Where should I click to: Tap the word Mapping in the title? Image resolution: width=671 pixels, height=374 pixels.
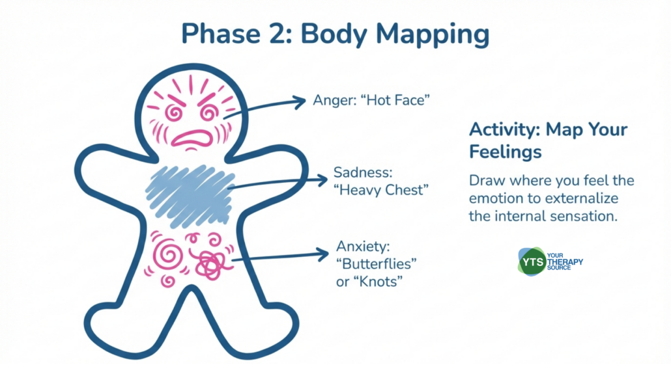tap(433, 35)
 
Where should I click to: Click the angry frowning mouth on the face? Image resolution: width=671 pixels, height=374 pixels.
tap(193, 139)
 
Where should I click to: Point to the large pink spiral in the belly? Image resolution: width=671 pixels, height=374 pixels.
tap(167, 254)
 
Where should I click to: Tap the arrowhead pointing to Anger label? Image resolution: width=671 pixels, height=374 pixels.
tap(298, 101)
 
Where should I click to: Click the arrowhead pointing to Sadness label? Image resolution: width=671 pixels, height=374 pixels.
tap(321, 180)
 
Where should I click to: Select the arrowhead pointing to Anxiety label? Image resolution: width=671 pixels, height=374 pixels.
tap(321, 254)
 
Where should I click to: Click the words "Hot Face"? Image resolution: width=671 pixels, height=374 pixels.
tap(395, 100)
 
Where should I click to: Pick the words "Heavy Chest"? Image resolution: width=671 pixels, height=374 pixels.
tap(381, 190)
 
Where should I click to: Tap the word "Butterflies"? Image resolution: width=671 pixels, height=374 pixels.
tap(376, 263)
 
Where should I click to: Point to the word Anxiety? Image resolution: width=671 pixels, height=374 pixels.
tap(363, 247)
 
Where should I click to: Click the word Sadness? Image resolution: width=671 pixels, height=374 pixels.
tap(363, 172)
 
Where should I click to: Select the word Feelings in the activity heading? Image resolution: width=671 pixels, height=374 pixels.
tap(506, 152)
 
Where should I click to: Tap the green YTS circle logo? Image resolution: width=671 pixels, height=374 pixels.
tap(532, 261)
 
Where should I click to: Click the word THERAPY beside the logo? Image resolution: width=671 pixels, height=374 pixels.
tap(565, 261)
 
